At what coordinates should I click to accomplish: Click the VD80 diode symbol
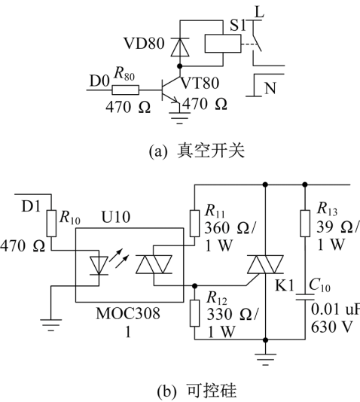(180, 47)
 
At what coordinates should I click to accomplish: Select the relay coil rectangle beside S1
(223, 44)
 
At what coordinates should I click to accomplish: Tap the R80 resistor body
(126, 90)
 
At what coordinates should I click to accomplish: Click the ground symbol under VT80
(180, 118)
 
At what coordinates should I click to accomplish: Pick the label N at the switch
(270, 88)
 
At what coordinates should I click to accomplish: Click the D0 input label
(99, 81)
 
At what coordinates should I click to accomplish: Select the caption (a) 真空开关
(197, 151)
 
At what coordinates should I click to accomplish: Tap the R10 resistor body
(51, 224)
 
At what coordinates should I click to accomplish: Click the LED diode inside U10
(99, 265)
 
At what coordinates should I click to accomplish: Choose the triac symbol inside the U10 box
(154, 264)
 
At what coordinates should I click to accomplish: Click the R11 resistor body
(194, 224)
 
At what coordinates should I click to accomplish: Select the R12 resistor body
(194, 313)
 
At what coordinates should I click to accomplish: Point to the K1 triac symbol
(265, 264)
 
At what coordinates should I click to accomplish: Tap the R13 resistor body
(305, 224)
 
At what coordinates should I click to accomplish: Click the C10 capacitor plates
(305, 297)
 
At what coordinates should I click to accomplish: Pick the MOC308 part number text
(128, 313)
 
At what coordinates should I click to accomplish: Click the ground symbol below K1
(265, 358)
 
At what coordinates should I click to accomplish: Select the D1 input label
(31, 206)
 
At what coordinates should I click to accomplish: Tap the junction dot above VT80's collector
(180, 66)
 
